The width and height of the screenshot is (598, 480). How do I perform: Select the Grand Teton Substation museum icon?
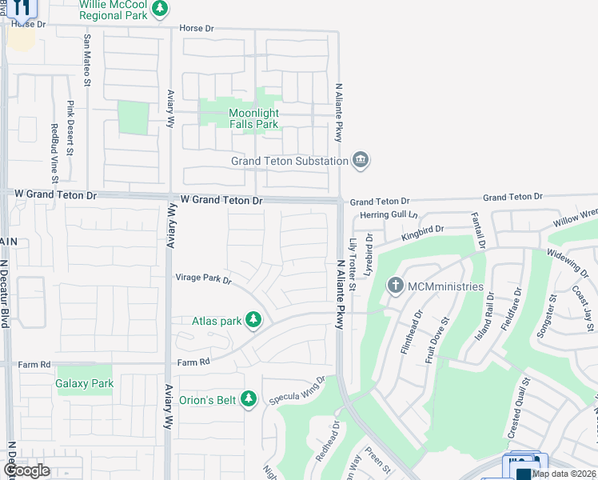(361, 161)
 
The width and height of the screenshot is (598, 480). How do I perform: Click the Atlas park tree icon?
(253, 321)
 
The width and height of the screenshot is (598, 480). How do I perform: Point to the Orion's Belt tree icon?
(249, 398)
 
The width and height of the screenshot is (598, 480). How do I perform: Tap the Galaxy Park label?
(85, 384)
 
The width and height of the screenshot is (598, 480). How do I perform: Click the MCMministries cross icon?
(395, 286)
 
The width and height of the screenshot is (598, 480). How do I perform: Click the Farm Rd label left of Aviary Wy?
(36, 364)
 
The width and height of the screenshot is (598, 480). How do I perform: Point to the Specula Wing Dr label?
(297, 389)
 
